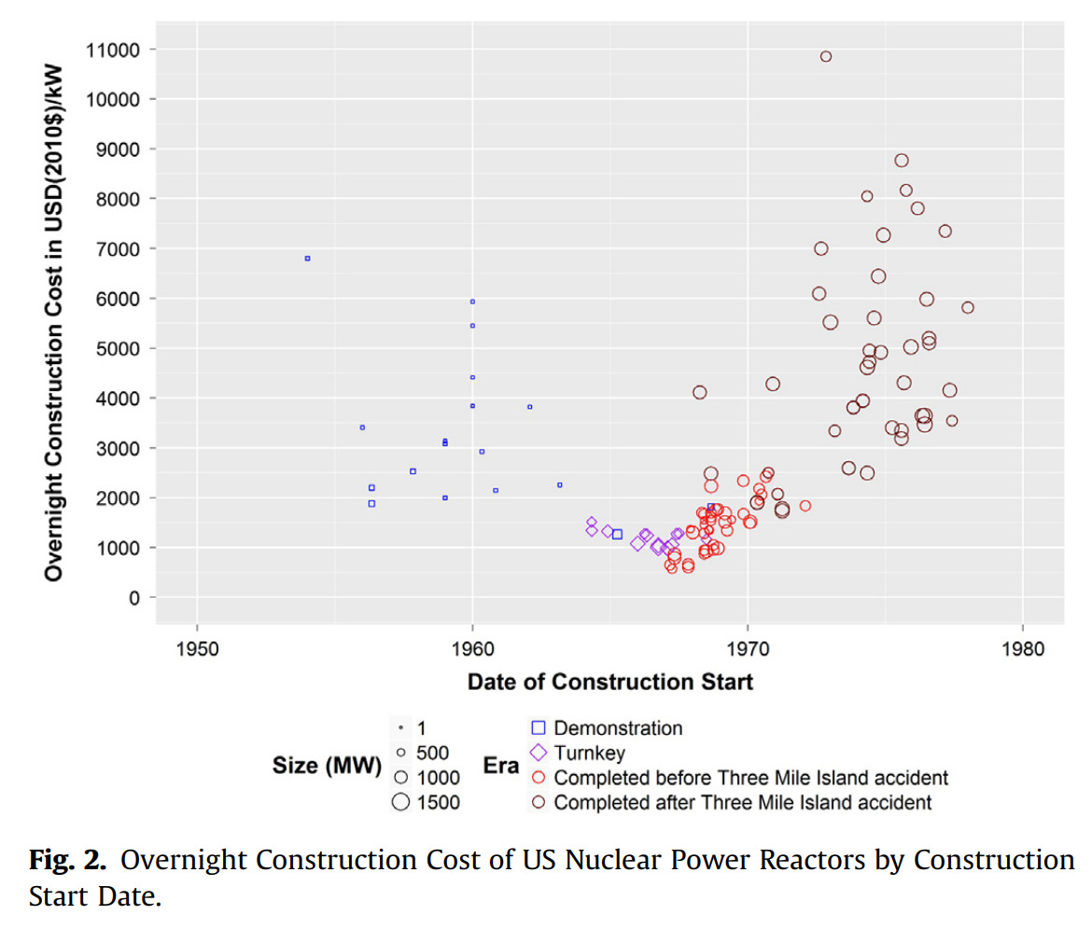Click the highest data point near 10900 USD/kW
[825, 56]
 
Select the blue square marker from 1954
[307, 259]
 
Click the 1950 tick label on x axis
[197, 647]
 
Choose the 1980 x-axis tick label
[1023, 647]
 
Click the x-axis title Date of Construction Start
[609, 682]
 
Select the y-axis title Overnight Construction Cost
[54, 323]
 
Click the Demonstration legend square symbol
[538, 728]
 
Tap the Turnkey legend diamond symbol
[538, 753]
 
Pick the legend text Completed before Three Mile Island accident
[750, 778]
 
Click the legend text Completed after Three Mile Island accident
[742, 802]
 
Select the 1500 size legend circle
[400, 802]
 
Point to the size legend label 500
[433, 753]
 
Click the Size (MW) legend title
[327, 767]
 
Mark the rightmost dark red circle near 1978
[967, 307]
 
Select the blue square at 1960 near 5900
[472, 302]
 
